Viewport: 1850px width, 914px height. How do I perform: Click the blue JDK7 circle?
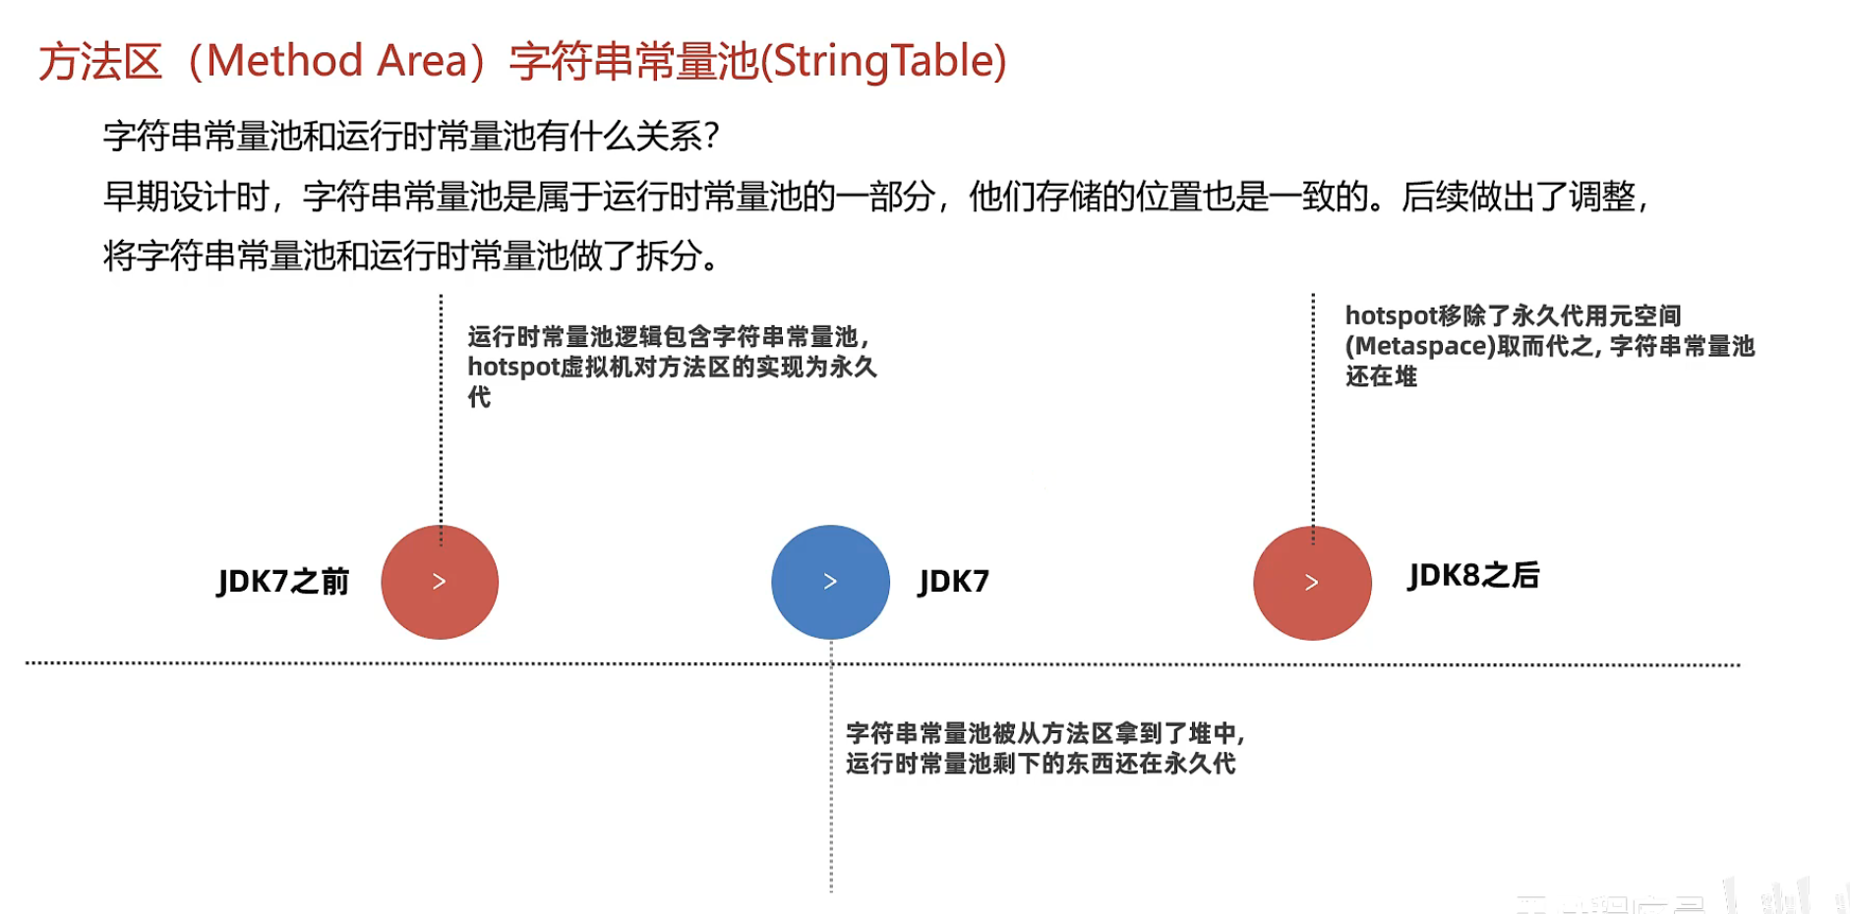[830, 582]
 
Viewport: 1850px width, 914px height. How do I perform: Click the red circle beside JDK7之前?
[440, 582]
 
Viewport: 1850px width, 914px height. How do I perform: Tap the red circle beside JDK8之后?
[1312, 583]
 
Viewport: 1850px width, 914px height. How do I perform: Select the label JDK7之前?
[283, 582]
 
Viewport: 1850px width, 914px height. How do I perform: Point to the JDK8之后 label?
[1473, 576]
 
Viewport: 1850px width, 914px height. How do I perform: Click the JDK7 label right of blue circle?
[953, 582]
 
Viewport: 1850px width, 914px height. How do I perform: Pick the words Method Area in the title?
[336, 61]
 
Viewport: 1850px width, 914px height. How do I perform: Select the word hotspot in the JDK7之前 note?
[512, 368]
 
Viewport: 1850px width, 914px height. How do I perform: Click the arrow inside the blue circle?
[830, 582]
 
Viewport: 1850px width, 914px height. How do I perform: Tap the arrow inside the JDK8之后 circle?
[1311, 583]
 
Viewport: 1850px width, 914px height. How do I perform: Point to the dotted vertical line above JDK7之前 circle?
[441, 413]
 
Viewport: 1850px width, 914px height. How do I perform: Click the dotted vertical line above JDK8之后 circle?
[1313, 413]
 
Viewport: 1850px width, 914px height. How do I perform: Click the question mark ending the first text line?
[712, 137]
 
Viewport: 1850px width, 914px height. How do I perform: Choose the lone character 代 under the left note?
[479, 397]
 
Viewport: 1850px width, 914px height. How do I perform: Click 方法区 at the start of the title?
[100, 62]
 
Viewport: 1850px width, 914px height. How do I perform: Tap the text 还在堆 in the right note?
[1381, 376]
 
